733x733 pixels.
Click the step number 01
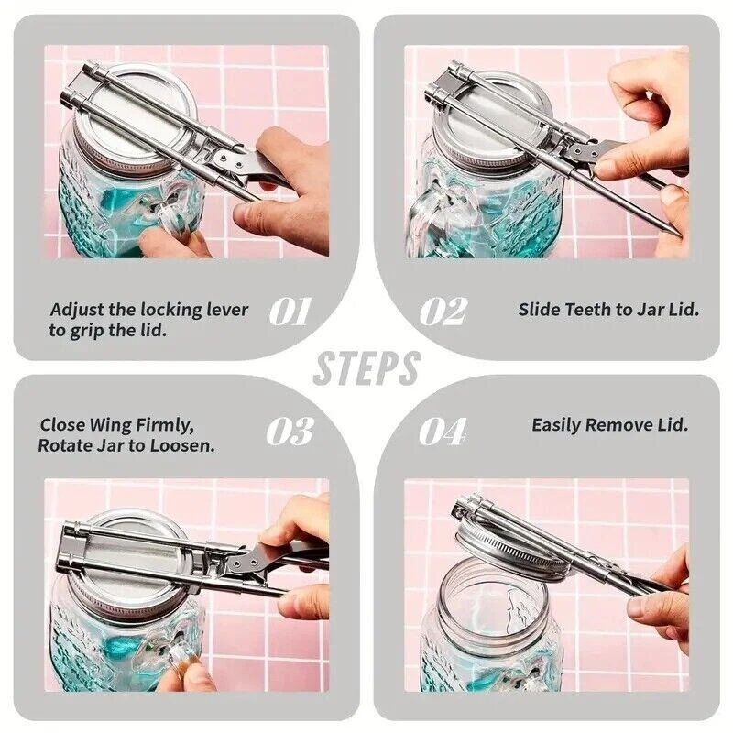(x=290, y=312)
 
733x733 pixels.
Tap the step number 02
(x=443, y=312)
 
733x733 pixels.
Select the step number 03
(x=290, y=431)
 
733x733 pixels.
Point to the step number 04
(x=443, y=431)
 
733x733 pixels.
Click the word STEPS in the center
(x=367, y=368)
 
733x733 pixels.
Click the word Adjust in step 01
(x=77, y=311)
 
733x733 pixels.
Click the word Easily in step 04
(x=556, y=425)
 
